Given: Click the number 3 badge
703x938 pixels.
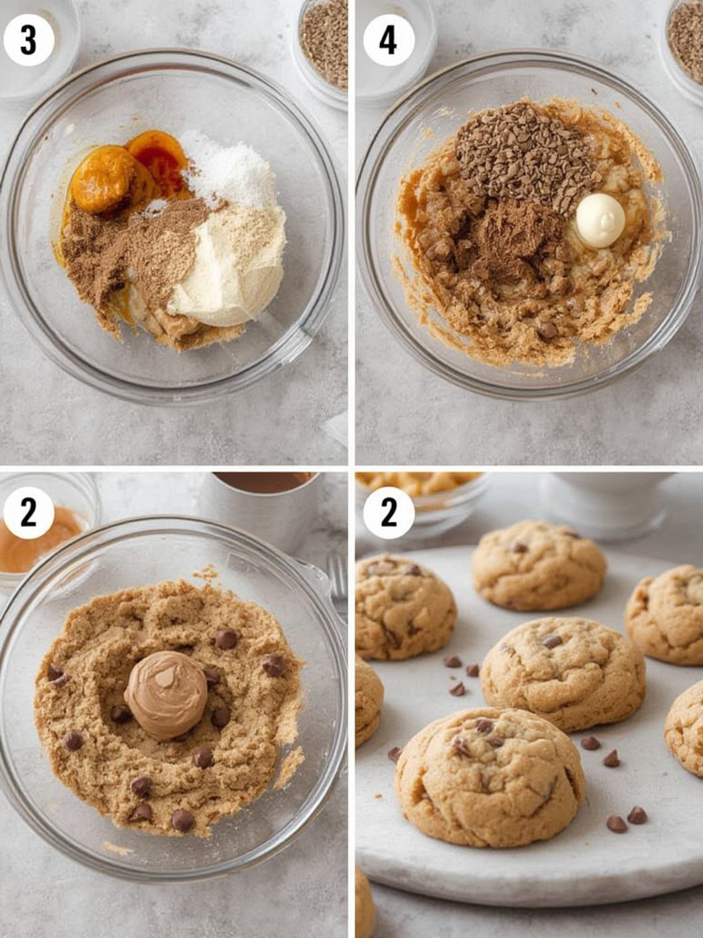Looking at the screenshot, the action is tap(29, 40).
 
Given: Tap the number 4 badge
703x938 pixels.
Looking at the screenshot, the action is tap(389, 40).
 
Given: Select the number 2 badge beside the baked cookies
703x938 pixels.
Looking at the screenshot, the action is tap(389, 513).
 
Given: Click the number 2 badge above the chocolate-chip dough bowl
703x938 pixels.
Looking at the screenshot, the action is tap(29, 513).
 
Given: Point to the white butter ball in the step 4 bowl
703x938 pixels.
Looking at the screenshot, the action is tap(600, 220).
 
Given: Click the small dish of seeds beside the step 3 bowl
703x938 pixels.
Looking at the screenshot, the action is tap(322, 49).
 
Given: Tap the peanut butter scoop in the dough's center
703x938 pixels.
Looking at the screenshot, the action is tap(166, 696).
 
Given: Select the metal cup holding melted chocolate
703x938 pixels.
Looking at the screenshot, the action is tap(265, 509).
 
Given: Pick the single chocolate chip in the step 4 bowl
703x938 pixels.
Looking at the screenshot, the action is tap(548, 330).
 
